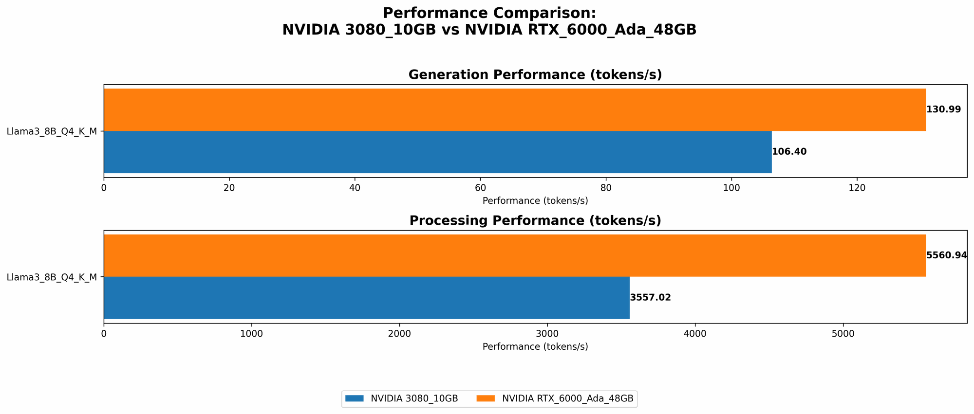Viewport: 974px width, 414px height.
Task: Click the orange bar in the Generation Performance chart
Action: (514, 109)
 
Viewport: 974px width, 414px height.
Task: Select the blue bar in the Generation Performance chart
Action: (437, 152)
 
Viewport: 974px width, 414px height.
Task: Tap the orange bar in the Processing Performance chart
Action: (514, 255)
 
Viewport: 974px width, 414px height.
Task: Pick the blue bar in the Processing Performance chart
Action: (366, 298)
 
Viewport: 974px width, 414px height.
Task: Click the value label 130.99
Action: (943, 109)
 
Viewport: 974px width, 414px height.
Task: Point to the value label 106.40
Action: (789, 152)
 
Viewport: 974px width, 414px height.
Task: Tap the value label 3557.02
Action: (650, 298)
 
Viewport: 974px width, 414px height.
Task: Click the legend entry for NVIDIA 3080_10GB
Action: (402, 398)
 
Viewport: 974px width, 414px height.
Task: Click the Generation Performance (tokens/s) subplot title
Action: (535, 75)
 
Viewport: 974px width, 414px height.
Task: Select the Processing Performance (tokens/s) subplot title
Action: (535, 221)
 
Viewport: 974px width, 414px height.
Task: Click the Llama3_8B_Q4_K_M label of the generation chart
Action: (52, 131)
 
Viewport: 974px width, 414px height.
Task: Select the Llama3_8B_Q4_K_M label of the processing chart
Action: (52, 277)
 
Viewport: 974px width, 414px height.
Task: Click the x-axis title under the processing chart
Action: (535, 347)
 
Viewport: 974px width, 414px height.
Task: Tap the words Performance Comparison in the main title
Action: (489, 13)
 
